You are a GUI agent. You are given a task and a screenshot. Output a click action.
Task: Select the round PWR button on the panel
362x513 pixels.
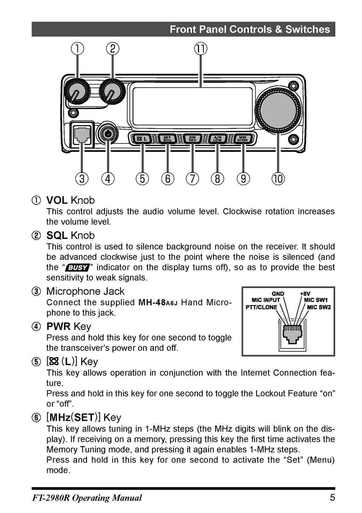pos(107,134)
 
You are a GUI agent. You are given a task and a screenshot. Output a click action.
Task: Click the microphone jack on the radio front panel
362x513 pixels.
pos(82,135)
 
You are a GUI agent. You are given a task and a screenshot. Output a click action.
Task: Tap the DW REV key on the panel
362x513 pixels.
pos(192,138)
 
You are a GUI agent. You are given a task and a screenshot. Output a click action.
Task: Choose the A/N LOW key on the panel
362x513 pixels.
pos(217,138)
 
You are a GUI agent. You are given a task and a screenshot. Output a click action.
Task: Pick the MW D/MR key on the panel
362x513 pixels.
pos(243,138)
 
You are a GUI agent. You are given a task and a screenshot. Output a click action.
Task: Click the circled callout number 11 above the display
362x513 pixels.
pos(201,48)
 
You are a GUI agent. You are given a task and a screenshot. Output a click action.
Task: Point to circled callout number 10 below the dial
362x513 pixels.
pos(278,179)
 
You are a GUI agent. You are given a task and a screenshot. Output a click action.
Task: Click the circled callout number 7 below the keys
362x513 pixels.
pos(192,179)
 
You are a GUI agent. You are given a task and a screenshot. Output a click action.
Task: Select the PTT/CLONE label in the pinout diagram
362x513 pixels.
pos(261,307)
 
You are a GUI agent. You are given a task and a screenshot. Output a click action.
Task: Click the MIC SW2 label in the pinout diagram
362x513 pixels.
pos(319,307)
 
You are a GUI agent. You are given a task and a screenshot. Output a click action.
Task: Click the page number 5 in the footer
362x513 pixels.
pos(332,498)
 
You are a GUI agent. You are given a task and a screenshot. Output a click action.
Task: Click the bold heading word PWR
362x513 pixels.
pos(58,326)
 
